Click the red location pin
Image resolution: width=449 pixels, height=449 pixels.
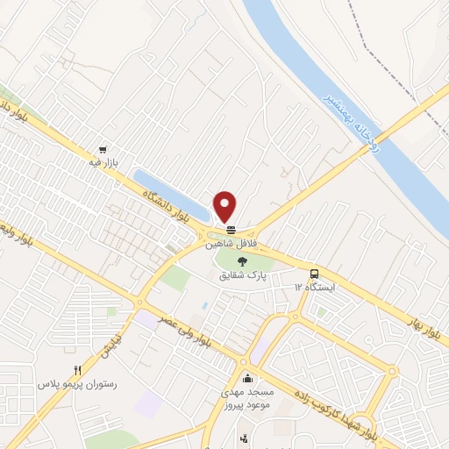(x=225, y=205)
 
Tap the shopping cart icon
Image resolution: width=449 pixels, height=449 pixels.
(x=104, y=150)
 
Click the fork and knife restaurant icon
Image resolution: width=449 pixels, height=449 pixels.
(x=77, y=370)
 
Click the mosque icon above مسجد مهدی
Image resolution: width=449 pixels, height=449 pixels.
(x=248, y=378)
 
